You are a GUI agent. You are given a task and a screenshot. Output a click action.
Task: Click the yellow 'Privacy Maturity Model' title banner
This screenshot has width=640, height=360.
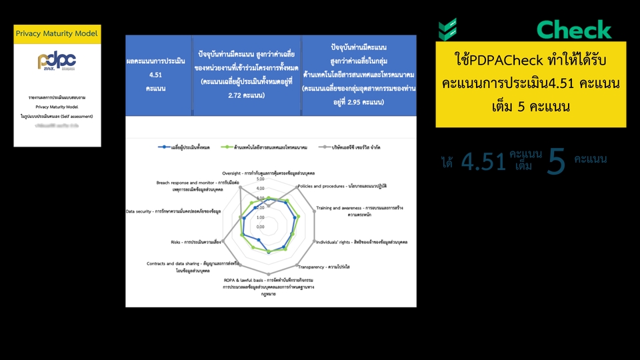coord(57,33)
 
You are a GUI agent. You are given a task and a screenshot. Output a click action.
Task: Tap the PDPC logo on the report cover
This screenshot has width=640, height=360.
coord(57,61)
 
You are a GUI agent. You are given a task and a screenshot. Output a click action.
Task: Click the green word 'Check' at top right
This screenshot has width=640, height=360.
coord(574,29)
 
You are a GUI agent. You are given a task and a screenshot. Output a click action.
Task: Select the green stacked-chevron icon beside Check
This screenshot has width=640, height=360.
coord(447,29)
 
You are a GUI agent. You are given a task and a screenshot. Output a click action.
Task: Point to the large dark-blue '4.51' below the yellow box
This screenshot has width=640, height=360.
coord(483,162)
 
